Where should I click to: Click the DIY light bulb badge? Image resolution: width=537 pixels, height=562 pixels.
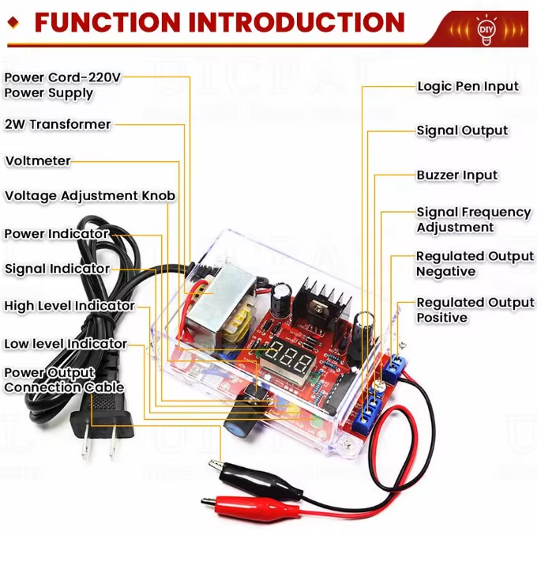pyautogui.click(x=486, y=28)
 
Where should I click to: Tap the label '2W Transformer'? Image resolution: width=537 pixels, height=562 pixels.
pyautogui.click(x=58, y=124)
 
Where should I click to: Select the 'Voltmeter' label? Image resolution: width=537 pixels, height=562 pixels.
pyautogui.click(x=38, y=161)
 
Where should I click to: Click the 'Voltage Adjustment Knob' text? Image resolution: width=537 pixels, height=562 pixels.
pyautogui.click(x=90, y=195)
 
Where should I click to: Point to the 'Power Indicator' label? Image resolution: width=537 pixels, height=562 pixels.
pyautogui.click(x=57, y=234)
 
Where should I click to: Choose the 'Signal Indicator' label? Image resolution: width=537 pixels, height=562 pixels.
pyautogui.click(x=57, y=269)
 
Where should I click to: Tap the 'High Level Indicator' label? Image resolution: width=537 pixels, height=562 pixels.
pyautogui.click(x=69, y=306)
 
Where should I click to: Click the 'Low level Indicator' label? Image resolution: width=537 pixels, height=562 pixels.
pyautogui.click(x=66, y=344)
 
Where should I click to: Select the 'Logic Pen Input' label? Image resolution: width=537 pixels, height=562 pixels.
pyautogui.click(x=468, y=86)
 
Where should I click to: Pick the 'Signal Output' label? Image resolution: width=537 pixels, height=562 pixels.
pyautogui.click(x=462, y=130)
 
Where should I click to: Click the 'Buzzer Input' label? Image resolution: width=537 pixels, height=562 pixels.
pyautogui.click(x=457, y=175)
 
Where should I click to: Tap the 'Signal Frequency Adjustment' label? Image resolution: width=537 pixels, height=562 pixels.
pyautogui.click(x=473, y=220)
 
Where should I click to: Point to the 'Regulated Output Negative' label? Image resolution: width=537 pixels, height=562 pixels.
pyautogui.click(x=475, y=264)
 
